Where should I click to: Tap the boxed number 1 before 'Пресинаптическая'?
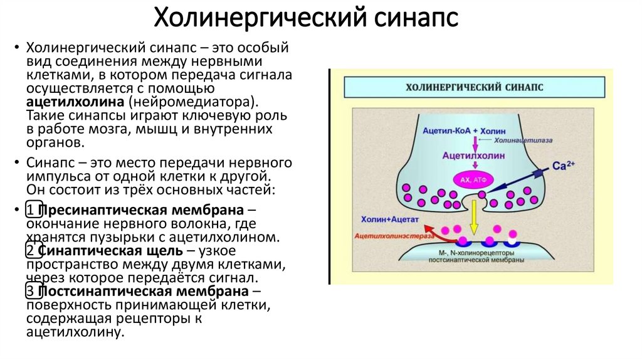(31, 210)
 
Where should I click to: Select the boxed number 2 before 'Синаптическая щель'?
(31, 251)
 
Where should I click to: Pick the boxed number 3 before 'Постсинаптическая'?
(31, 292)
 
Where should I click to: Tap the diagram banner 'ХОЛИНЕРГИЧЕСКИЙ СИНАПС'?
(475, 88)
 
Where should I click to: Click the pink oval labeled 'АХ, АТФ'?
(474, 180)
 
